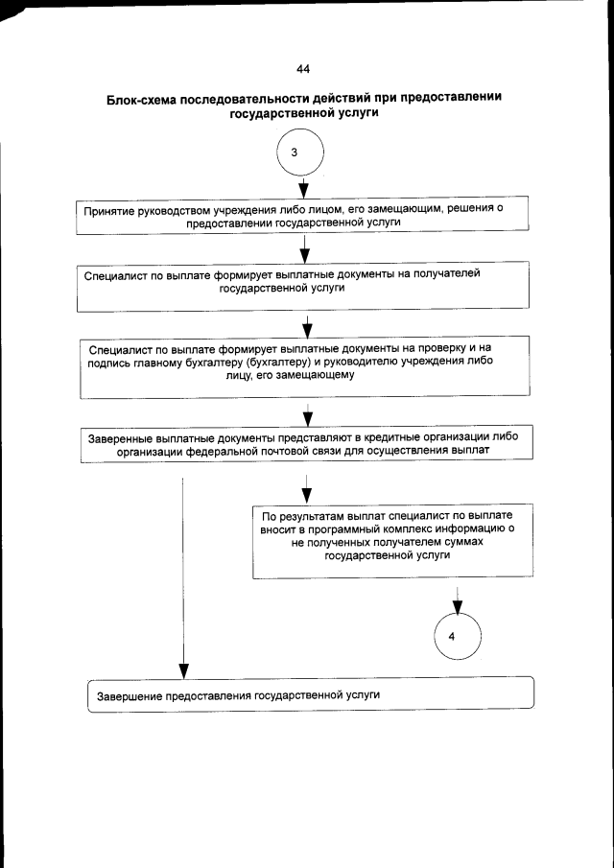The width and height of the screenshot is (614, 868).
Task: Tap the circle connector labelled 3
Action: tap(301, 153)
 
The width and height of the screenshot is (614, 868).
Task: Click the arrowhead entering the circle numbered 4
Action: tap(458, 607)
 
